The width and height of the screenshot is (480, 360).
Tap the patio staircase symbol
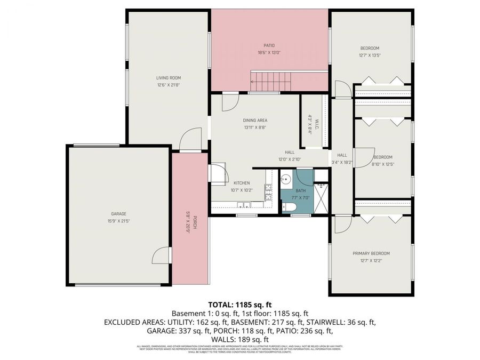tap(272, 82)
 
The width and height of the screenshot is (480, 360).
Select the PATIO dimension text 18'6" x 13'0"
tap(269, 52)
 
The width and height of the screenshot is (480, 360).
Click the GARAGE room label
tap(118, 213)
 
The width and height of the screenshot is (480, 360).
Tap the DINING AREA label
tap(255, 121)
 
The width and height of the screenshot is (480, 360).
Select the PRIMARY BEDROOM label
tap(371, 253)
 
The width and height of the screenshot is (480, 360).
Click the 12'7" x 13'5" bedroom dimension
tap(369, 55)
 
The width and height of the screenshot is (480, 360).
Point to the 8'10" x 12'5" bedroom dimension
tap(382, 164)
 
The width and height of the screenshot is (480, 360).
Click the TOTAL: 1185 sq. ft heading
tap(239, 305)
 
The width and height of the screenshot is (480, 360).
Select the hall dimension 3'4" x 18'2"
tap(342, 162)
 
